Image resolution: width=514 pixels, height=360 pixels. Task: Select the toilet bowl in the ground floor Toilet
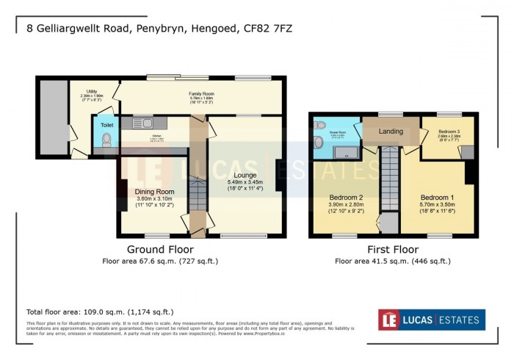(107, 139)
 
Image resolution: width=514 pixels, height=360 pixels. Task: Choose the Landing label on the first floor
(391, 131)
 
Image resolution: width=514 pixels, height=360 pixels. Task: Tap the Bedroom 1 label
(436, 198)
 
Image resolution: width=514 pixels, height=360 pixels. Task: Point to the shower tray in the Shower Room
(342, 153)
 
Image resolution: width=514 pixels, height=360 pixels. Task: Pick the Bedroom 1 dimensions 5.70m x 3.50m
(436, 206)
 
